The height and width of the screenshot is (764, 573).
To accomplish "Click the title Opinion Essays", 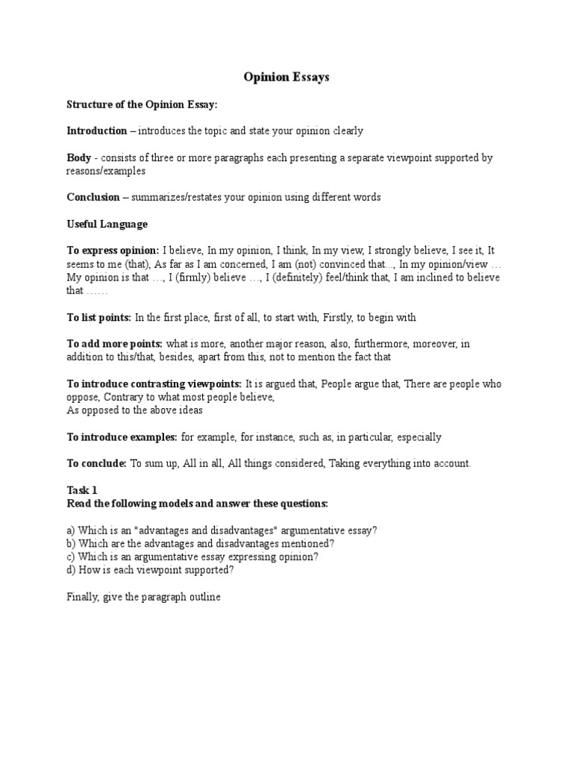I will pyautogui.click(x=286, y=77).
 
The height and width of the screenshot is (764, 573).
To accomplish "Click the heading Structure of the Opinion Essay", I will pyautogui.click(x=142, y=104).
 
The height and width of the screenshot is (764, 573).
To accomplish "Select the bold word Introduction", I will pyautogui.click(x=97, y=131).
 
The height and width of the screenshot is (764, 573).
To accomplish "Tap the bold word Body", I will pyautogui.click(x=78, y=158).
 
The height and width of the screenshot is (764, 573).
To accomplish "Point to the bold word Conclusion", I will pyautogui.click(x=93, y=197).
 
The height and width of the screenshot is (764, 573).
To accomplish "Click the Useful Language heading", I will pyautogui.click(x=107, y=224).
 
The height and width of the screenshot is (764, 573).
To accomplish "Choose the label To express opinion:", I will pyautogui.click(x=113, y=251).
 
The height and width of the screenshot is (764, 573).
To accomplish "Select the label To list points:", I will pyautogui.click(x=99, y=317).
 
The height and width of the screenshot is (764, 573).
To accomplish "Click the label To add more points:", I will pyautogui.click(x=114, y=344).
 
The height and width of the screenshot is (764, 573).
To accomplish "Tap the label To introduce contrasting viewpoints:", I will pyautogui.click(x=154, y=383).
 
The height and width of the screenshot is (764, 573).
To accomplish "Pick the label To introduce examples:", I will pyautogui.click(x=122, y=436).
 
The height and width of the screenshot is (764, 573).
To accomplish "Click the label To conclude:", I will pyautogui.click(x=97, y=463).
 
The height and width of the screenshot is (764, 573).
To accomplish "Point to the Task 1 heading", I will pyautogui.click(x=82, y=490).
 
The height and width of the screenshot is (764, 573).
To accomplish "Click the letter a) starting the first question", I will pyautogui.click(x=72, y=530).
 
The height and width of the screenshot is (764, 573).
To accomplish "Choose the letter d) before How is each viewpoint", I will pyautogui.click(x=72, y=570).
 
